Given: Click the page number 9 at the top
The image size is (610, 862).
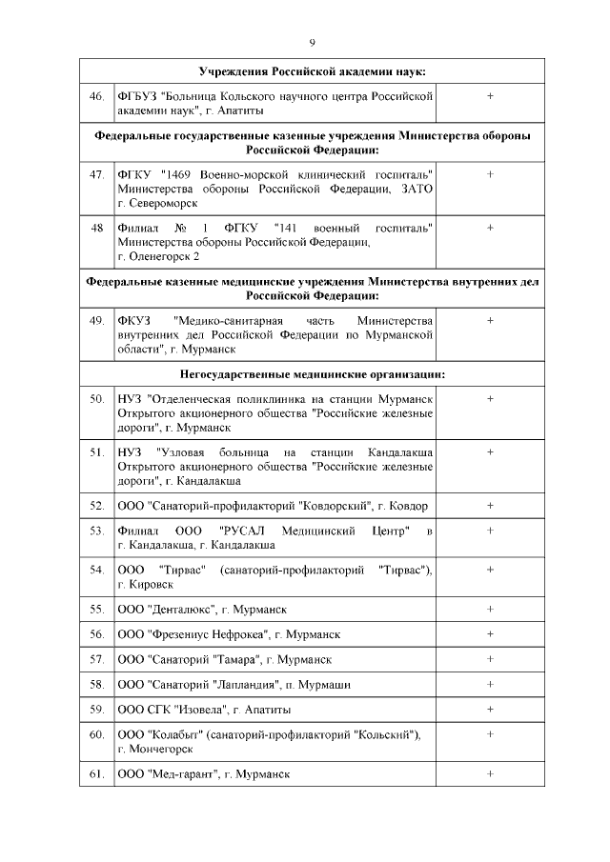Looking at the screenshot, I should (312, 42).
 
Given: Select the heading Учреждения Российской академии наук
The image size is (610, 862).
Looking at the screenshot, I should (312, 72).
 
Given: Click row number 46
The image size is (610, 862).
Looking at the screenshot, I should (96, 96).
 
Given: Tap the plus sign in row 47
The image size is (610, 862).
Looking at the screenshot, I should (490, 174).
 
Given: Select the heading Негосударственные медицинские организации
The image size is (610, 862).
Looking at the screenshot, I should (312, 374).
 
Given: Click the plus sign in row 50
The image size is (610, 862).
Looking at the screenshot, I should (490, 398).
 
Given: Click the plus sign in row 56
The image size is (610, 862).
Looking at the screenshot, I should (490, 633).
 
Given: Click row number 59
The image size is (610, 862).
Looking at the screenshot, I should (96, 710).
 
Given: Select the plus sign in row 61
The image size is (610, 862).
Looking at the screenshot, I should (490, 774).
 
